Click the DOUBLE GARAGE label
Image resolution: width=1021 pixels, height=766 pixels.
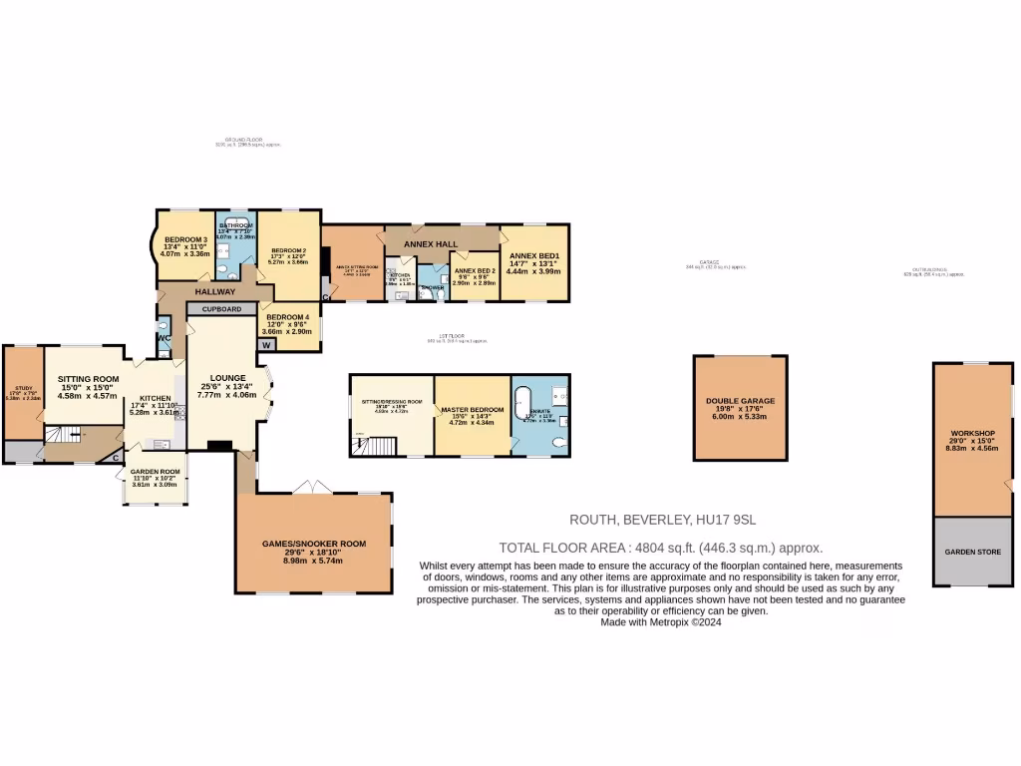coord(740,401)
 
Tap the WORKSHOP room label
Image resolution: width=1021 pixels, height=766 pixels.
coord(973,433)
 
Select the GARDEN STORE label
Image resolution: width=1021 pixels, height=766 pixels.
coord(973,552)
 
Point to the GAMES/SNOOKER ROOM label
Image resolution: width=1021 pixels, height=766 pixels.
coord(313,544)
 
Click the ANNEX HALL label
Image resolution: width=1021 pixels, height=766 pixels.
coord(430,243)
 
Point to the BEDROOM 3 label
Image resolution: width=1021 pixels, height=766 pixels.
coord(185,239)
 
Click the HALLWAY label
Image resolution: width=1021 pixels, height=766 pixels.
coord(214,292)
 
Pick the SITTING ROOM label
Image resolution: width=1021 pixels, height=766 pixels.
coord(88,379)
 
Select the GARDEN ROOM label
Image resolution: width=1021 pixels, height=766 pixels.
coord(154,471)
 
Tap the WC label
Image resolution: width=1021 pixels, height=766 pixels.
coord(164,339)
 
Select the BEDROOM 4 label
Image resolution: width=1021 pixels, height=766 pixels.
coord(288,317)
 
